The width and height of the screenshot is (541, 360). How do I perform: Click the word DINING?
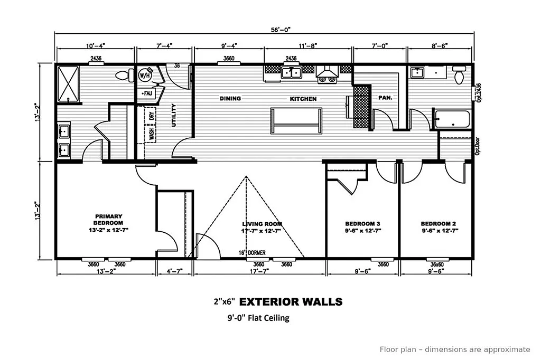pos(230,99)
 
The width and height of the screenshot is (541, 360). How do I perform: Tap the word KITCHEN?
pos(303,99)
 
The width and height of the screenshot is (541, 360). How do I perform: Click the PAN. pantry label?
pos(384,98)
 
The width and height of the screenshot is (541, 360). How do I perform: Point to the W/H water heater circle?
pos(144,76)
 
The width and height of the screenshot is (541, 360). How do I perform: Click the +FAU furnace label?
pos(146,93)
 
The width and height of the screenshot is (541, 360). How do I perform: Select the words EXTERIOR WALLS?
pos(291,302)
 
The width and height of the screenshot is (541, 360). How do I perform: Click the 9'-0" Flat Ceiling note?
pos(255,318)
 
